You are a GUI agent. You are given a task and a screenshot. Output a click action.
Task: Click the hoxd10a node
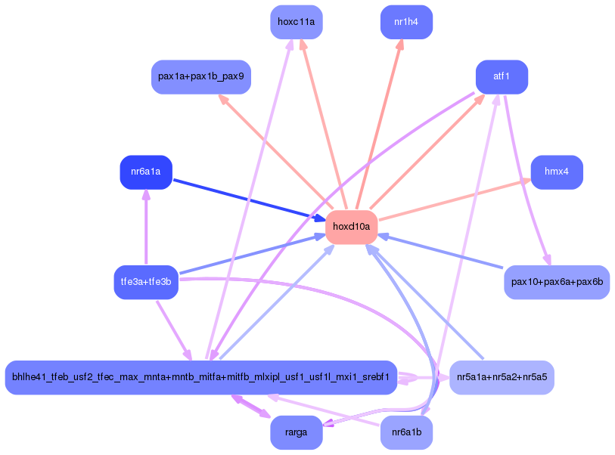[352, 226]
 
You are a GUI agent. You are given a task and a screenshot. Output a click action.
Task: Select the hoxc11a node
[297, 22]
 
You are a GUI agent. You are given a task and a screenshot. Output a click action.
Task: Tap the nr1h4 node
[406, 22]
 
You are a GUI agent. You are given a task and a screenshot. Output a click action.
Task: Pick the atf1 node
[501, 77]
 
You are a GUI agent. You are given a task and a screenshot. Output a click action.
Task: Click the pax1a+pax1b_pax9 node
[201, 77]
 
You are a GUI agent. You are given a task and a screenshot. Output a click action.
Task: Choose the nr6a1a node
[146, 172]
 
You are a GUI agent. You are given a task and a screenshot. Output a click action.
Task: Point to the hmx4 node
[556, 172]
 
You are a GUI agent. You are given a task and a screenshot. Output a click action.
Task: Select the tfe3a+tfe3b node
[146, 282]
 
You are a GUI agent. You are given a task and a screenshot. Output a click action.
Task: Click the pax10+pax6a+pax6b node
[556, 282]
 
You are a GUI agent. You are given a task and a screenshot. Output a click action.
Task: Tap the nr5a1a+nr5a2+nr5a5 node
[502, 377]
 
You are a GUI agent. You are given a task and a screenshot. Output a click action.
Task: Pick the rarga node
[297, 432]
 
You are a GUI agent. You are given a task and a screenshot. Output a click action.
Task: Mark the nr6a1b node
[406, 432]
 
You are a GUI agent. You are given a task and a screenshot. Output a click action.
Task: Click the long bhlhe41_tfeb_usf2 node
[200, 377]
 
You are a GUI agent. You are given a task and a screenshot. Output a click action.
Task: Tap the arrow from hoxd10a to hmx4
[454, 200]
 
